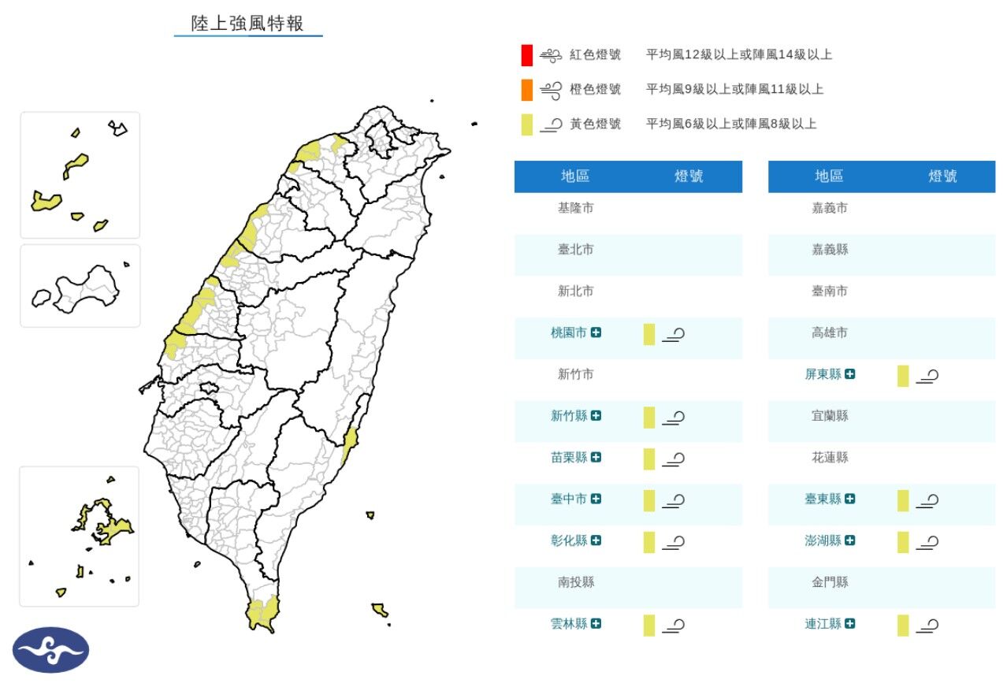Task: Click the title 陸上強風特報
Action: click(x=247, y=24)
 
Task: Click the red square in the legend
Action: click(x=526, y=55)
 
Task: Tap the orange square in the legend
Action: click(x=526, y=90)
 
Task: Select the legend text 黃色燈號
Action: click(x=595, y=124)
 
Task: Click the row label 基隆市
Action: click(x=575, y=209)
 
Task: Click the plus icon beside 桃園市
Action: click(x=596, y=333)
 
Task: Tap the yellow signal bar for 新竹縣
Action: click(x=649, y=417)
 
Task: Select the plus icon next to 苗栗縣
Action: click(x=596, y=458)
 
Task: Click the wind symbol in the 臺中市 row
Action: click(x=673, y=500)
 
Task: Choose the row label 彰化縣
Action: click(x=569, y=541)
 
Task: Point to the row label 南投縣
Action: click(x=575, y=583)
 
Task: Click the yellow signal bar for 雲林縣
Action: click(x=649, y=625)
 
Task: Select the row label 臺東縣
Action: click(x=823, y=499)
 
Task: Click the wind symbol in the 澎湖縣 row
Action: click(x=927, y=543)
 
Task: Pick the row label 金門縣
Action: click(x=830, y=583)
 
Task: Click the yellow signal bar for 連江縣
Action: click(x=903, y=625)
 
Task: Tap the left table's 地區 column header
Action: click(x=575, y=176)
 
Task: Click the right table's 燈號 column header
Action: click(x=942, y=176)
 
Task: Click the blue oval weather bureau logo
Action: click(x=50, y=650)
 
